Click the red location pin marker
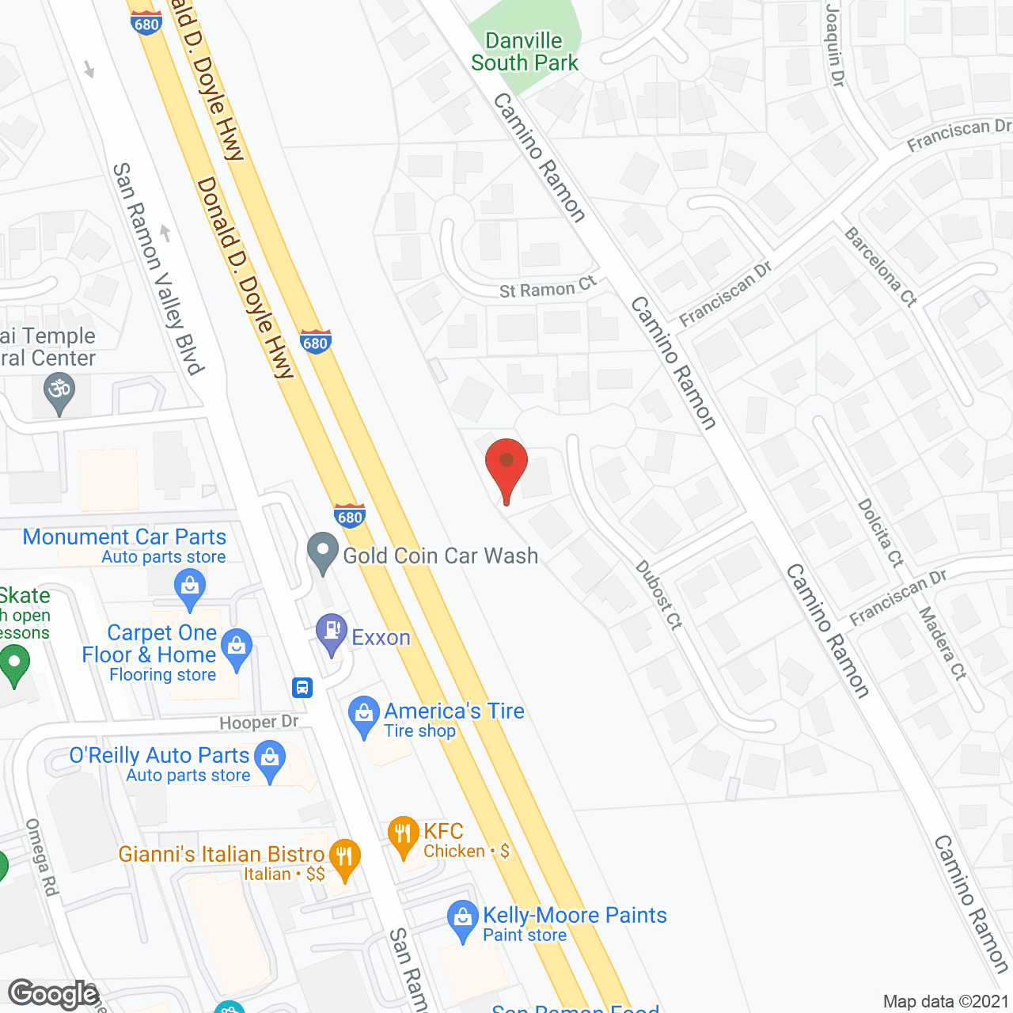coord(506,463)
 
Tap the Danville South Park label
coord(525,52)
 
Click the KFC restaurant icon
coord(404,835)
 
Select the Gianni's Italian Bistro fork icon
coord(344,858)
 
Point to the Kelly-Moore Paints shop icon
coord(462,919)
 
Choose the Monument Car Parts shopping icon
coord(189,588)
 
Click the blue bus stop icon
coord(302,687)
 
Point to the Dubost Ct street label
coord(658,594)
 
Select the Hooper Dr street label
coord(259,722)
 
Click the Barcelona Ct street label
coord(881,266)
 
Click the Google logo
coord(53,994)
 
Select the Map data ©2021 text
coord(946,1001)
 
